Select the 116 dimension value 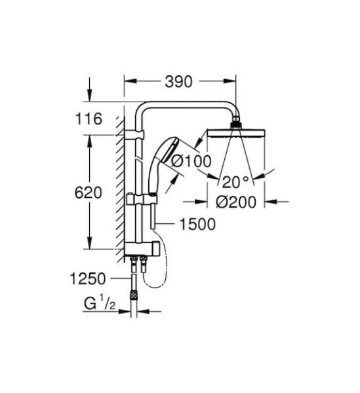(x=89, y=119)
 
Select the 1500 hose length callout (x=197, y=225)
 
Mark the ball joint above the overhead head (x=235, y=123)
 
